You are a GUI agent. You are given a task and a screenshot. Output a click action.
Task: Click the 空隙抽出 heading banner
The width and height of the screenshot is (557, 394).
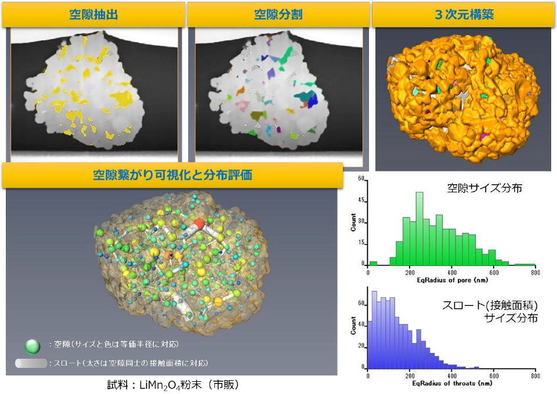(x=93, y=14)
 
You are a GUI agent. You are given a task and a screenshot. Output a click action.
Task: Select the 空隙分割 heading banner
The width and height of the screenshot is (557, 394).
(x=278, y=14)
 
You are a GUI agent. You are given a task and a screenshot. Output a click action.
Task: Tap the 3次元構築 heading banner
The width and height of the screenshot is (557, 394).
(x=464, y=14)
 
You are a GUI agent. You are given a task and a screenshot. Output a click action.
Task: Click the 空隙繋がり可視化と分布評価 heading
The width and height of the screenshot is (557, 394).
(x=172, y=175)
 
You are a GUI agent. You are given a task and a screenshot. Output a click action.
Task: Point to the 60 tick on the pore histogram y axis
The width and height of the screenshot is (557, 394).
(x=360, y=180)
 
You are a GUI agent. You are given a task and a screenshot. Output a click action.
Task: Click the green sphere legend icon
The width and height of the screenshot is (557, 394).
(x=33, y=346)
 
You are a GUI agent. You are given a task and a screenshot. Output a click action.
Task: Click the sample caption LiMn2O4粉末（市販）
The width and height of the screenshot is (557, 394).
(x=173, y=384)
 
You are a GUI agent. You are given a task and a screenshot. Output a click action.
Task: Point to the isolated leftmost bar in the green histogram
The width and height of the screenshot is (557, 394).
(x=372, y=262)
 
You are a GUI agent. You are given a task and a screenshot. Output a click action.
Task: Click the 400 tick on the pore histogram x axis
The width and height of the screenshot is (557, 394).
(x=451, y=271)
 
